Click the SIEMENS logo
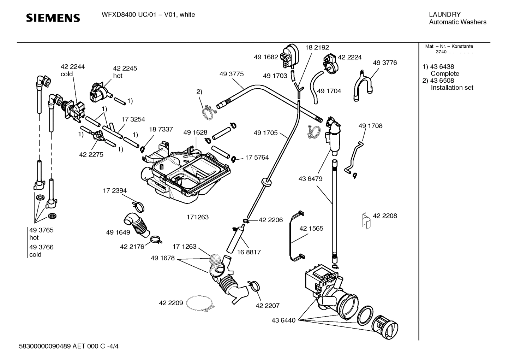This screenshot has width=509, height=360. pos(53,18)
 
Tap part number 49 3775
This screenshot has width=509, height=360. pos(231,74)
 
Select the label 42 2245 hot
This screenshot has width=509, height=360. pos(125,72)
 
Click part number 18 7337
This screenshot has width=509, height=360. pos(161,129)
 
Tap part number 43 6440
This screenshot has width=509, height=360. pos(283,320)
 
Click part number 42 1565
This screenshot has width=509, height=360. pos(311,229)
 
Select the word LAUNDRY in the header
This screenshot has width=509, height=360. pos(444,14)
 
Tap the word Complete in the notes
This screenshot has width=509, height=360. pos(445,73)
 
